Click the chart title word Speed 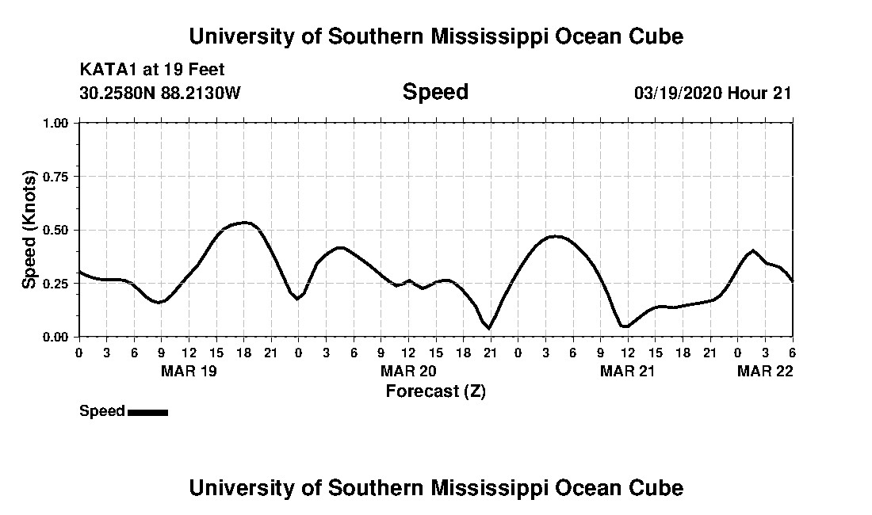click(435, 92)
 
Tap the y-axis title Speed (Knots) click(29, 229)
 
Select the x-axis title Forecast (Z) click(435, 391)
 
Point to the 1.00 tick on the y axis click(59, 123)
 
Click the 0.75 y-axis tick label click(59, 177)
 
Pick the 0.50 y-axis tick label click(59, 230)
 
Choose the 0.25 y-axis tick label click(59, 284)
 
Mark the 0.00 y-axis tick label click(59, 337)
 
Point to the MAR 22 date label click(766, 371)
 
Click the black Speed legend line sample click(147, 412)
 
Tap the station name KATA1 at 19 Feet click(152, 70)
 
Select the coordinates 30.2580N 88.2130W click(159, 93)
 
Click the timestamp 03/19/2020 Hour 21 click(713, 93)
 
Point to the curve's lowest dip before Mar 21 click(489, 327)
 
